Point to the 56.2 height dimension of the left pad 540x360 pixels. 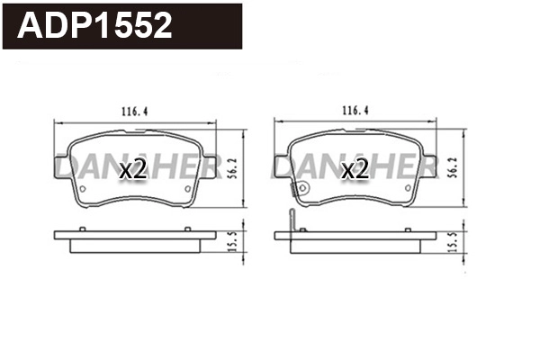point(232,167)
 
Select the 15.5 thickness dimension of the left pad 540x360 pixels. point(233,241)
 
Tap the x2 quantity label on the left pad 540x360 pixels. point(132,168)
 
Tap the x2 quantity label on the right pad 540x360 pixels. point(355,168)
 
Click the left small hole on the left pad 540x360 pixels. point(82,190)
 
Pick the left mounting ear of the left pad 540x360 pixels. point(60,166)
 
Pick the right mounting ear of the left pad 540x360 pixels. point(211,166)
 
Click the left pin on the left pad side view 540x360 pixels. point(82,229)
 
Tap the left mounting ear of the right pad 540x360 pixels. point(282,166)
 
